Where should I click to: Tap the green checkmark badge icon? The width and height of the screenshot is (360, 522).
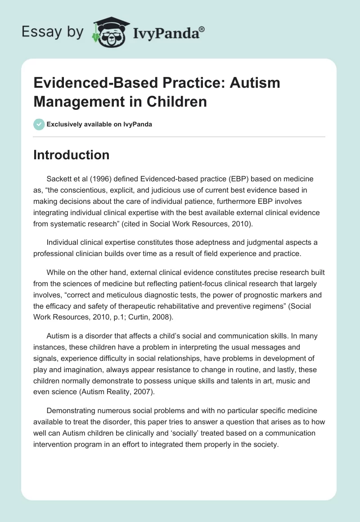click(x=39, y=124)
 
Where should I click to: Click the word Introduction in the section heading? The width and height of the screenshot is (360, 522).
click(x=72, y=155)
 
